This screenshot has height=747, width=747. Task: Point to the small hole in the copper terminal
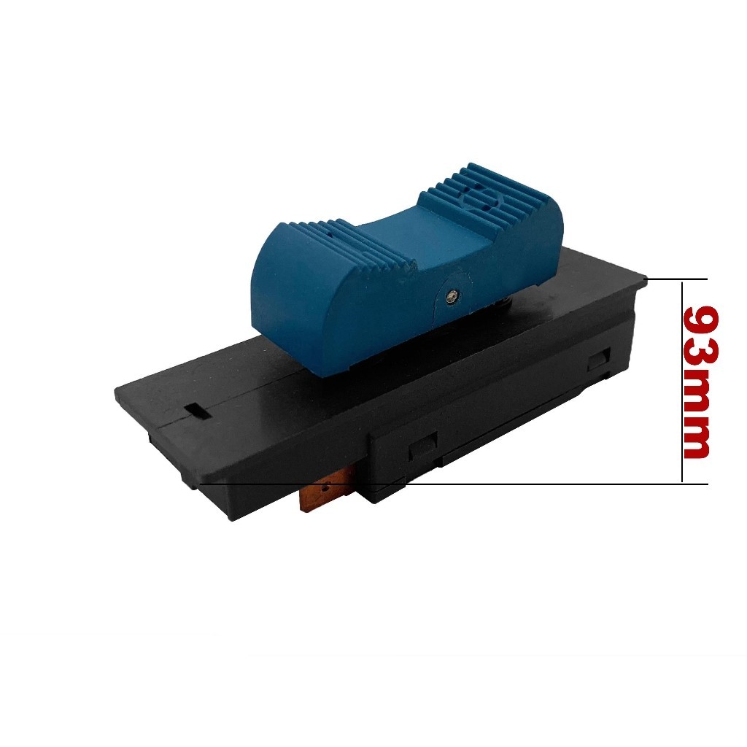point(326,487)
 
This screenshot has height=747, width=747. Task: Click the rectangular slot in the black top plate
point(197,411)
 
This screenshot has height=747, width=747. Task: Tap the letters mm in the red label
point(697,419)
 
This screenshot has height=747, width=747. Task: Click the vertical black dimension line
point(682,382)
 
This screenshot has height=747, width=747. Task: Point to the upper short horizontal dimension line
point(677,279)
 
